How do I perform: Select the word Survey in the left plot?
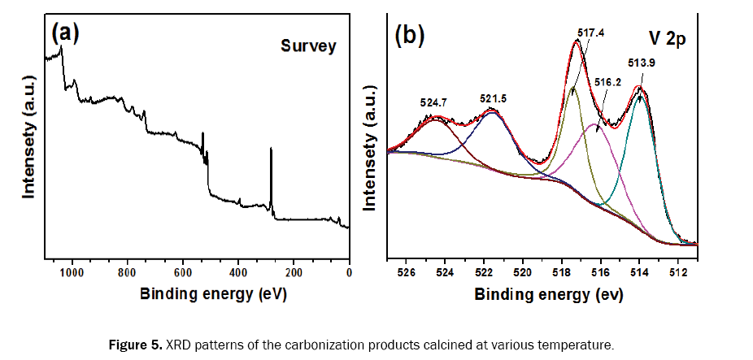[308, 46]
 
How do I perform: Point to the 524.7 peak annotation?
[434, 103]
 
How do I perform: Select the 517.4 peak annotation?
[591, 33]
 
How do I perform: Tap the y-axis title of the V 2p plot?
[371, 150]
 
